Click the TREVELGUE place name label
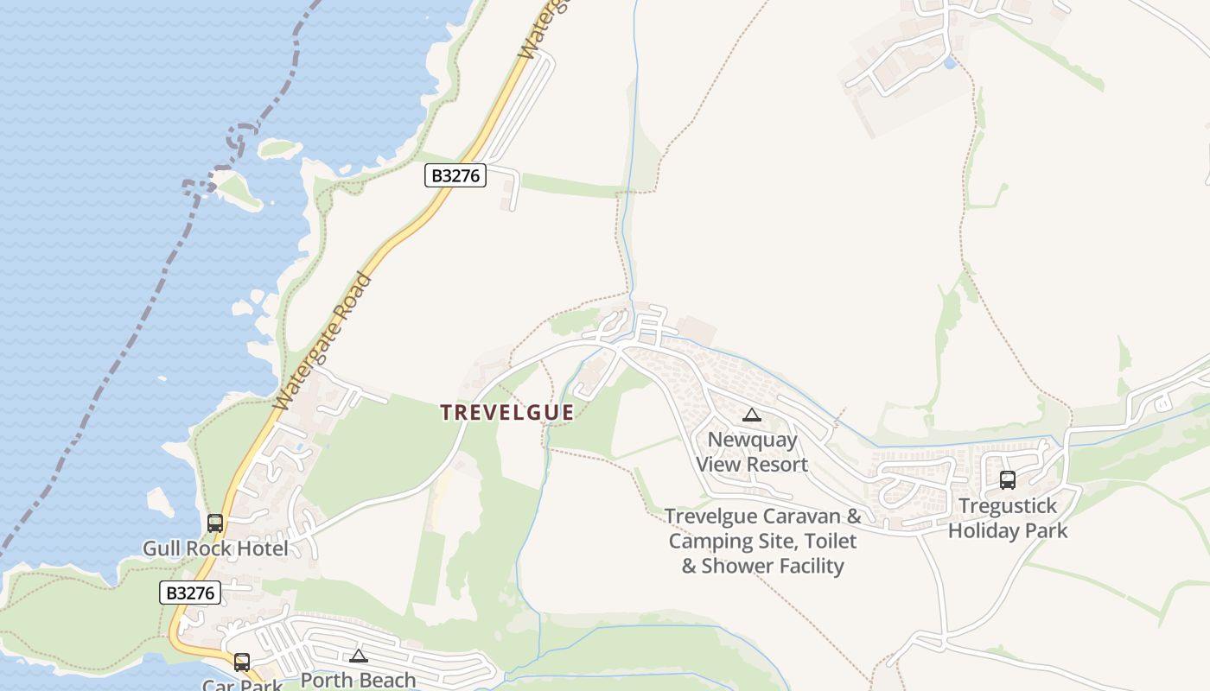(506, 413)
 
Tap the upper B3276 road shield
(456, 175)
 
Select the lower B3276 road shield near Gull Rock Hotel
(190, 593)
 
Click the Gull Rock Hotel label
(215, 548)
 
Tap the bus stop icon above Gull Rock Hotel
(215, 523)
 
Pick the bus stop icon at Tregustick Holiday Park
(1008, 480)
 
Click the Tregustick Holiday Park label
(1008, 518)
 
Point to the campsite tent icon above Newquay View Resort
(752, 415)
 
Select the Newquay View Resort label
(752, 452)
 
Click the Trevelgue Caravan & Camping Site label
(763, 541)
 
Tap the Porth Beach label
(358, 680)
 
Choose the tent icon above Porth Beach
(359, 656)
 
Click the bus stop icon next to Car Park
(242, 662)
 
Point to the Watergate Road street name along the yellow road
(322, 343)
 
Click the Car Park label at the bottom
(242, 685)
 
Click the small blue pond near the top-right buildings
(951, 63)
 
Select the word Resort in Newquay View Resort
(776, 465)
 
